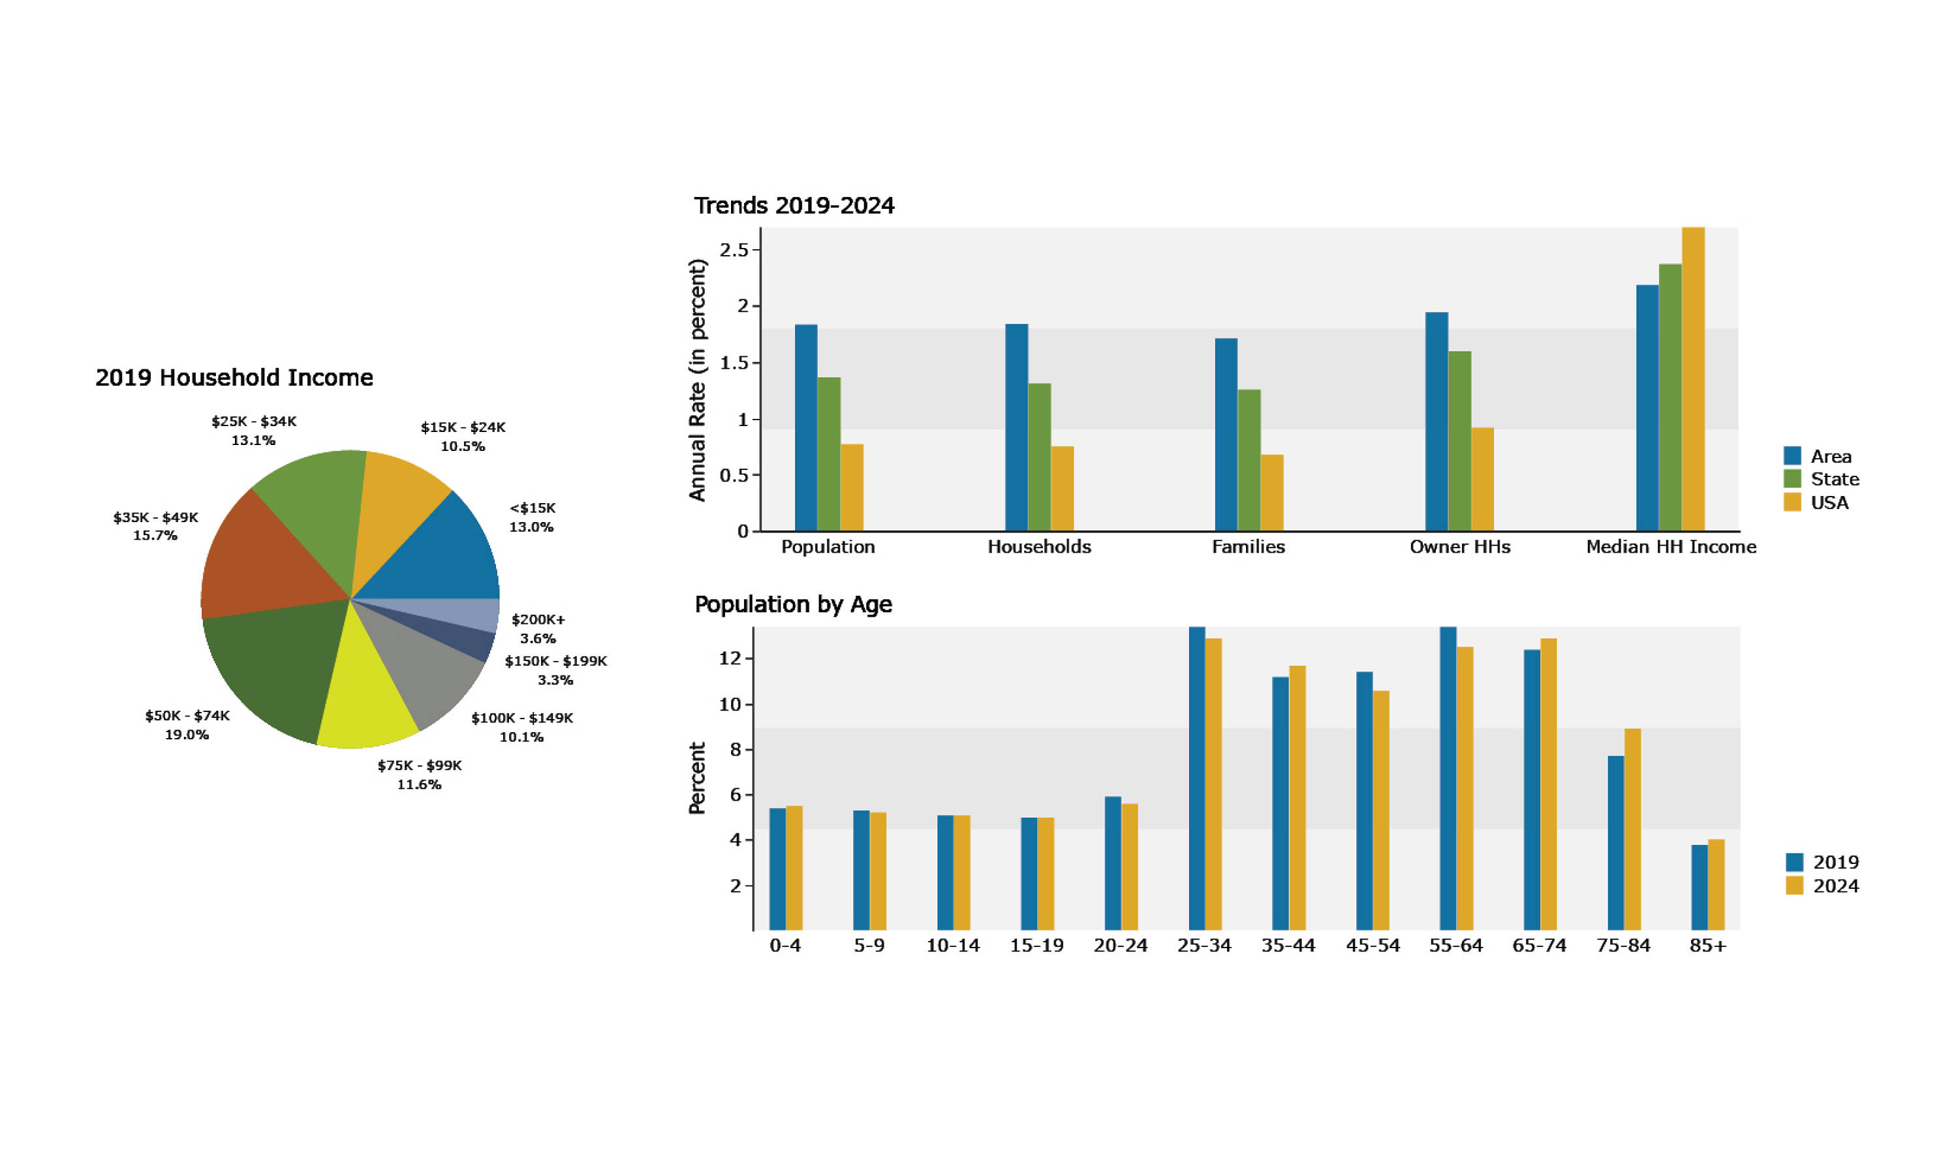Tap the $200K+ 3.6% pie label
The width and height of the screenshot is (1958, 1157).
pos(537,628)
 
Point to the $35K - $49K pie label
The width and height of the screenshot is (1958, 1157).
pos(155,526)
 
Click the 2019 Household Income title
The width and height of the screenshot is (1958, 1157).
pos(234,377)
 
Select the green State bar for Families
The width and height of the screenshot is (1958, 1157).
pos(1249,460)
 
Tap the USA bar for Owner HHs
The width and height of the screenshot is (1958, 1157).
pos(1482,479)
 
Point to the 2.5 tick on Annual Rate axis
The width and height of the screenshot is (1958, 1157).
pos(733,249)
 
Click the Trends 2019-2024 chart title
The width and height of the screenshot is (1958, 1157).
pos(794,205)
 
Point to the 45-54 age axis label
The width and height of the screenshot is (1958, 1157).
pos(1372,946)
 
